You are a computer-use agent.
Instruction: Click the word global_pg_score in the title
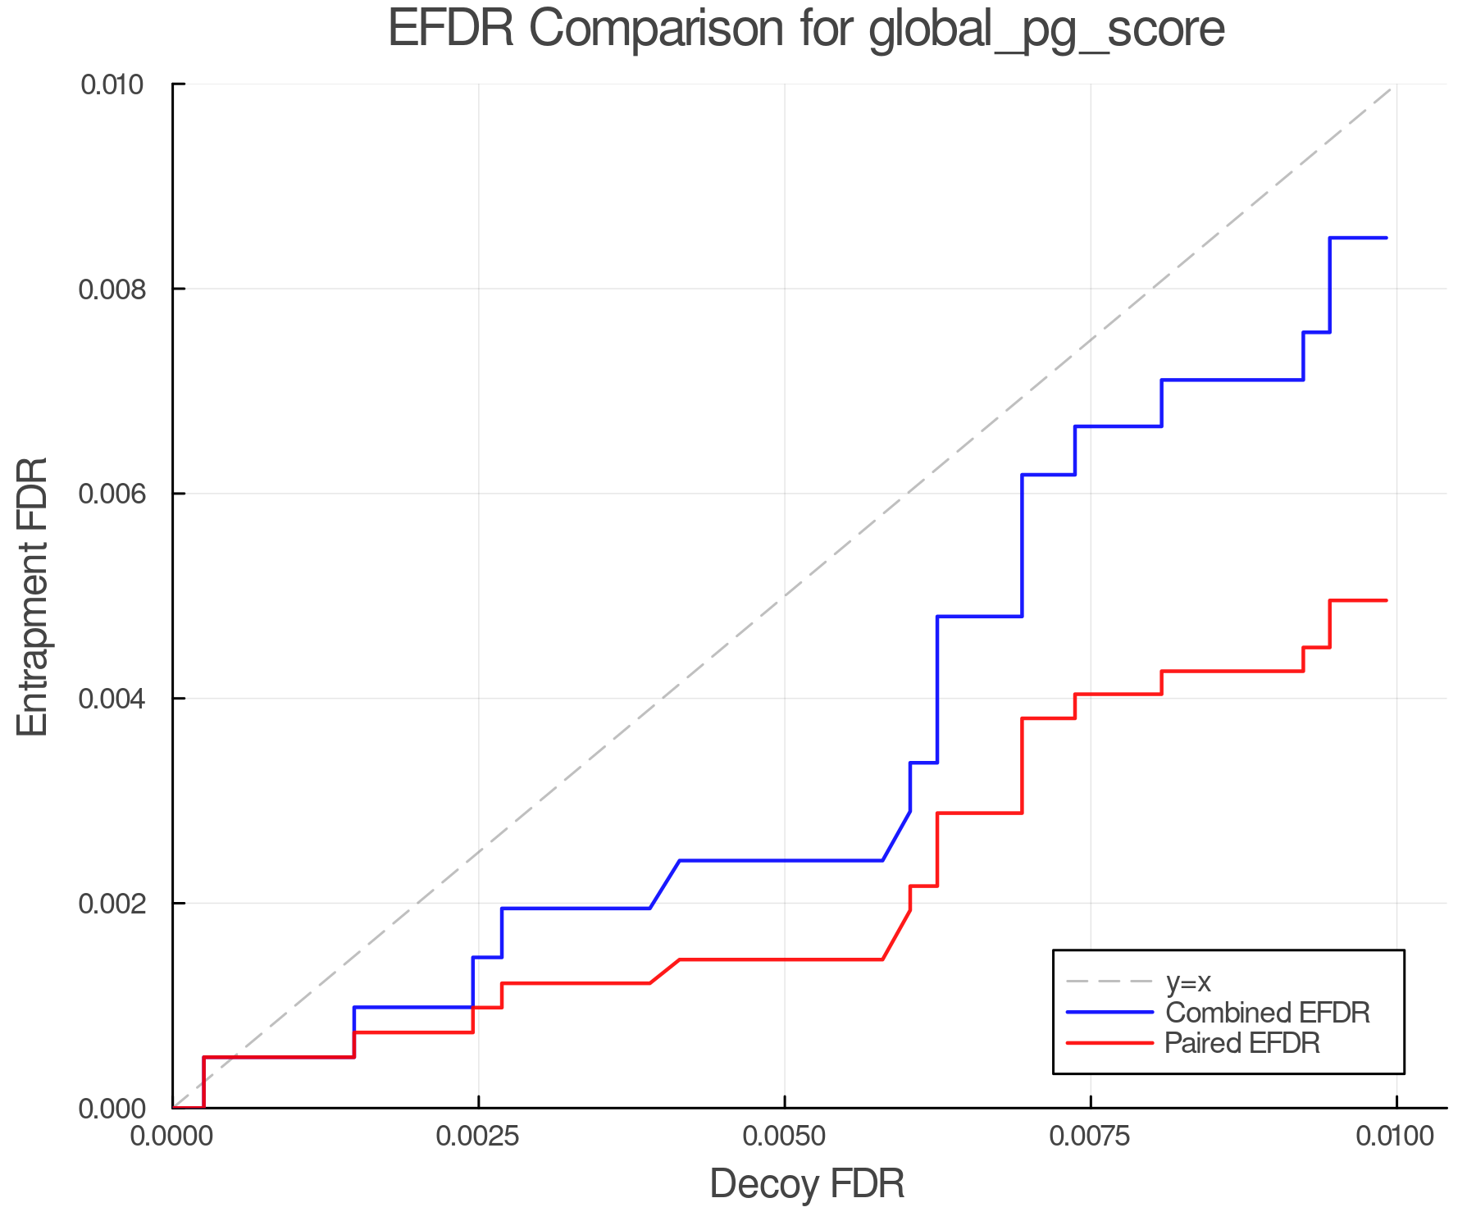[x=1046, y=30]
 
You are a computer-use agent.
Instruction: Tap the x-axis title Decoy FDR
[x=807, y=1184]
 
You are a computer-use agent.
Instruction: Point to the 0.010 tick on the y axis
[x=112, y=84]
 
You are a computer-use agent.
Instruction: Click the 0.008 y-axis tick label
[x=112, y=289]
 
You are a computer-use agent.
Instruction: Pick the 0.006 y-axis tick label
[x=112, y=494]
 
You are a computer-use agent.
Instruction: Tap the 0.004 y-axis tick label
[x=112, y=699]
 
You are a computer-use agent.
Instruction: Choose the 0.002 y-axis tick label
[x=112, y=903]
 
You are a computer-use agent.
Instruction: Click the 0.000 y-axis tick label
[x=112, y=1109]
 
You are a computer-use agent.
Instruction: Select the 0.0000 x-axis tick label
[x=172, y=1137]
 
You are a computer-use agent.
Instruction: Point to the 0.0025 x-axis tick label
[x=478, y=1137]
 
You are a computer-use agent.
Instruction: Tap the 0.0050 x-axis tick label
[x=785, y=1137]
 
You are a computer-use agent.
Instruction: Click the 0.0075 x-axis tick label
[x=1091, y=1137]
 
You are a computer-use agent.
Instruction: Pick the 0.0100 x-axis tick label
[x=1396, y=1137]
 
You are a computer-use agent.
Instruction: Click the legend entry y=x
[x=1188, y=982]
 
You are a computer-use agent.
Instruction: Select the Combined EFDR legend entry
[x=1267, y=1013]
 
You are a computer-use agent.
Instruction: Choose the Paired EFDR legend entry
[x=1242, y=1043]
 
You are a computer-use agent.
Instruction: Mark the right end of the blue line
[x=1387, y=238]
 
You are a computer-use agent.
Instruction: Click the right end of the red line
[x=1387, y=600]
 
